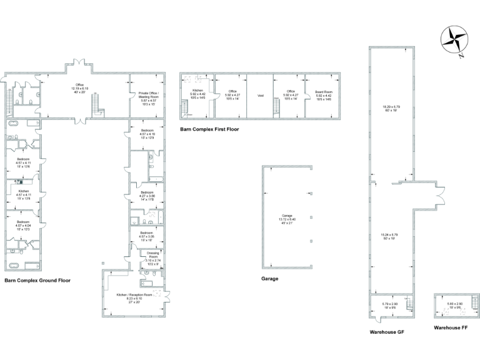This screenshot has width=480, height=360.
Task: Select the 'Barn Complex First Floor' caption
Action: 209,129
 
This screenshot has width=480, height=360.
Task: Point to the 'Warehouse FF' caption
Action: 451,327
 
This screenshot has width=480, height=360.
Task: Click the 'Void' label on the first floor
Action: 260,96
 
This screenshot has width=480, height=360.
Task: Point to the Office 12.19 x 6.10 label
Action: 79,87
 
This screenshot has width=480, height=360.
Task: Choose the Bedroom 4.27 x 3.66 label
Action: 147,194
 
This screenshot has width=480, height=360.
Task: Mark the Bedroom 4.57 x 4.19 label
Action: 147,133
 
